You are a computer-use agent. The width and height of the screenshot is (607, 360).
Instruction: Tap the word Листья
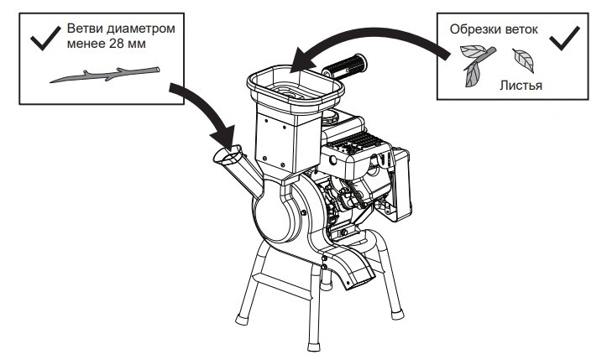[x=521, y=85]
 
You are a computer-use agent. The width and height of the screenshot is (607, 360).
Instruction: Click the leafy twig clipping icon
[x=474, y=66]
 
